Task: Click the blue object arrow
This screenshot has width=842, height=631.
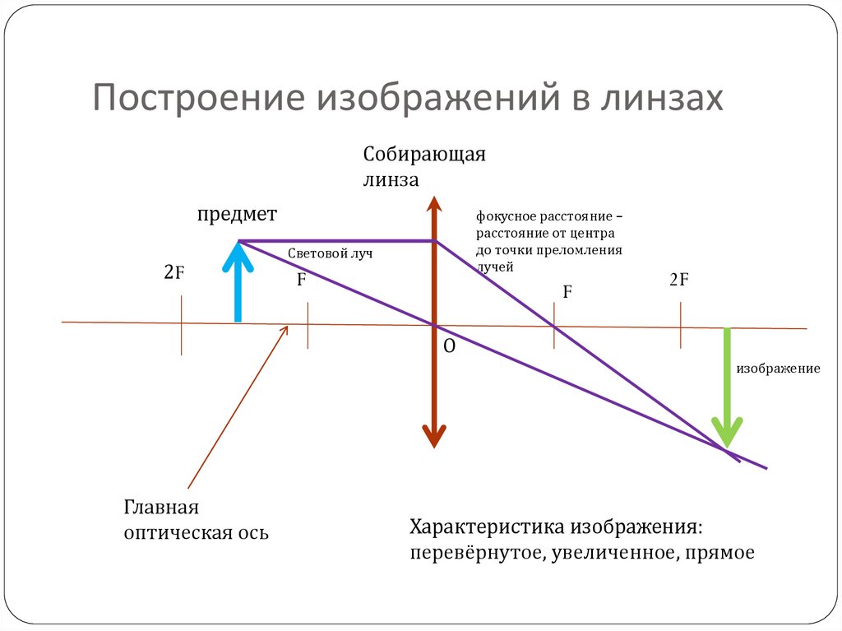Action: point(238,284)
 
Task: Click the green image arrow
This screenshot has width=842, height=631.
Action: point(727,387)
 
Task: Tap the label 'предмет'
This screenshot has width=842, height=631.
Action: point(237,214)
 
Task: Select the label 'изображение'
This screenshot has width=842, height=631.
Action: point(778,369)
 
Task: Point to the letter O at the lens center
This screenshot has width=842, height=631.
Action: point(449,347)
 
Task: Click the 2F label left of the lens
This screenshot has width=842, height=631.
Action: point(173,272)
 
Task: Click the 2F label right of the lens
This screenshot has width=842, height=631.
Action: point(678,280)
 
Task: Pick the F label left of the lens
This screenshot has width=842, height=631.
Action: point(302,280)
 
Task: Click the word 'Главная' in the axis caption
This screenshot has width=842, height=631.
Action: point(162,507)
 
